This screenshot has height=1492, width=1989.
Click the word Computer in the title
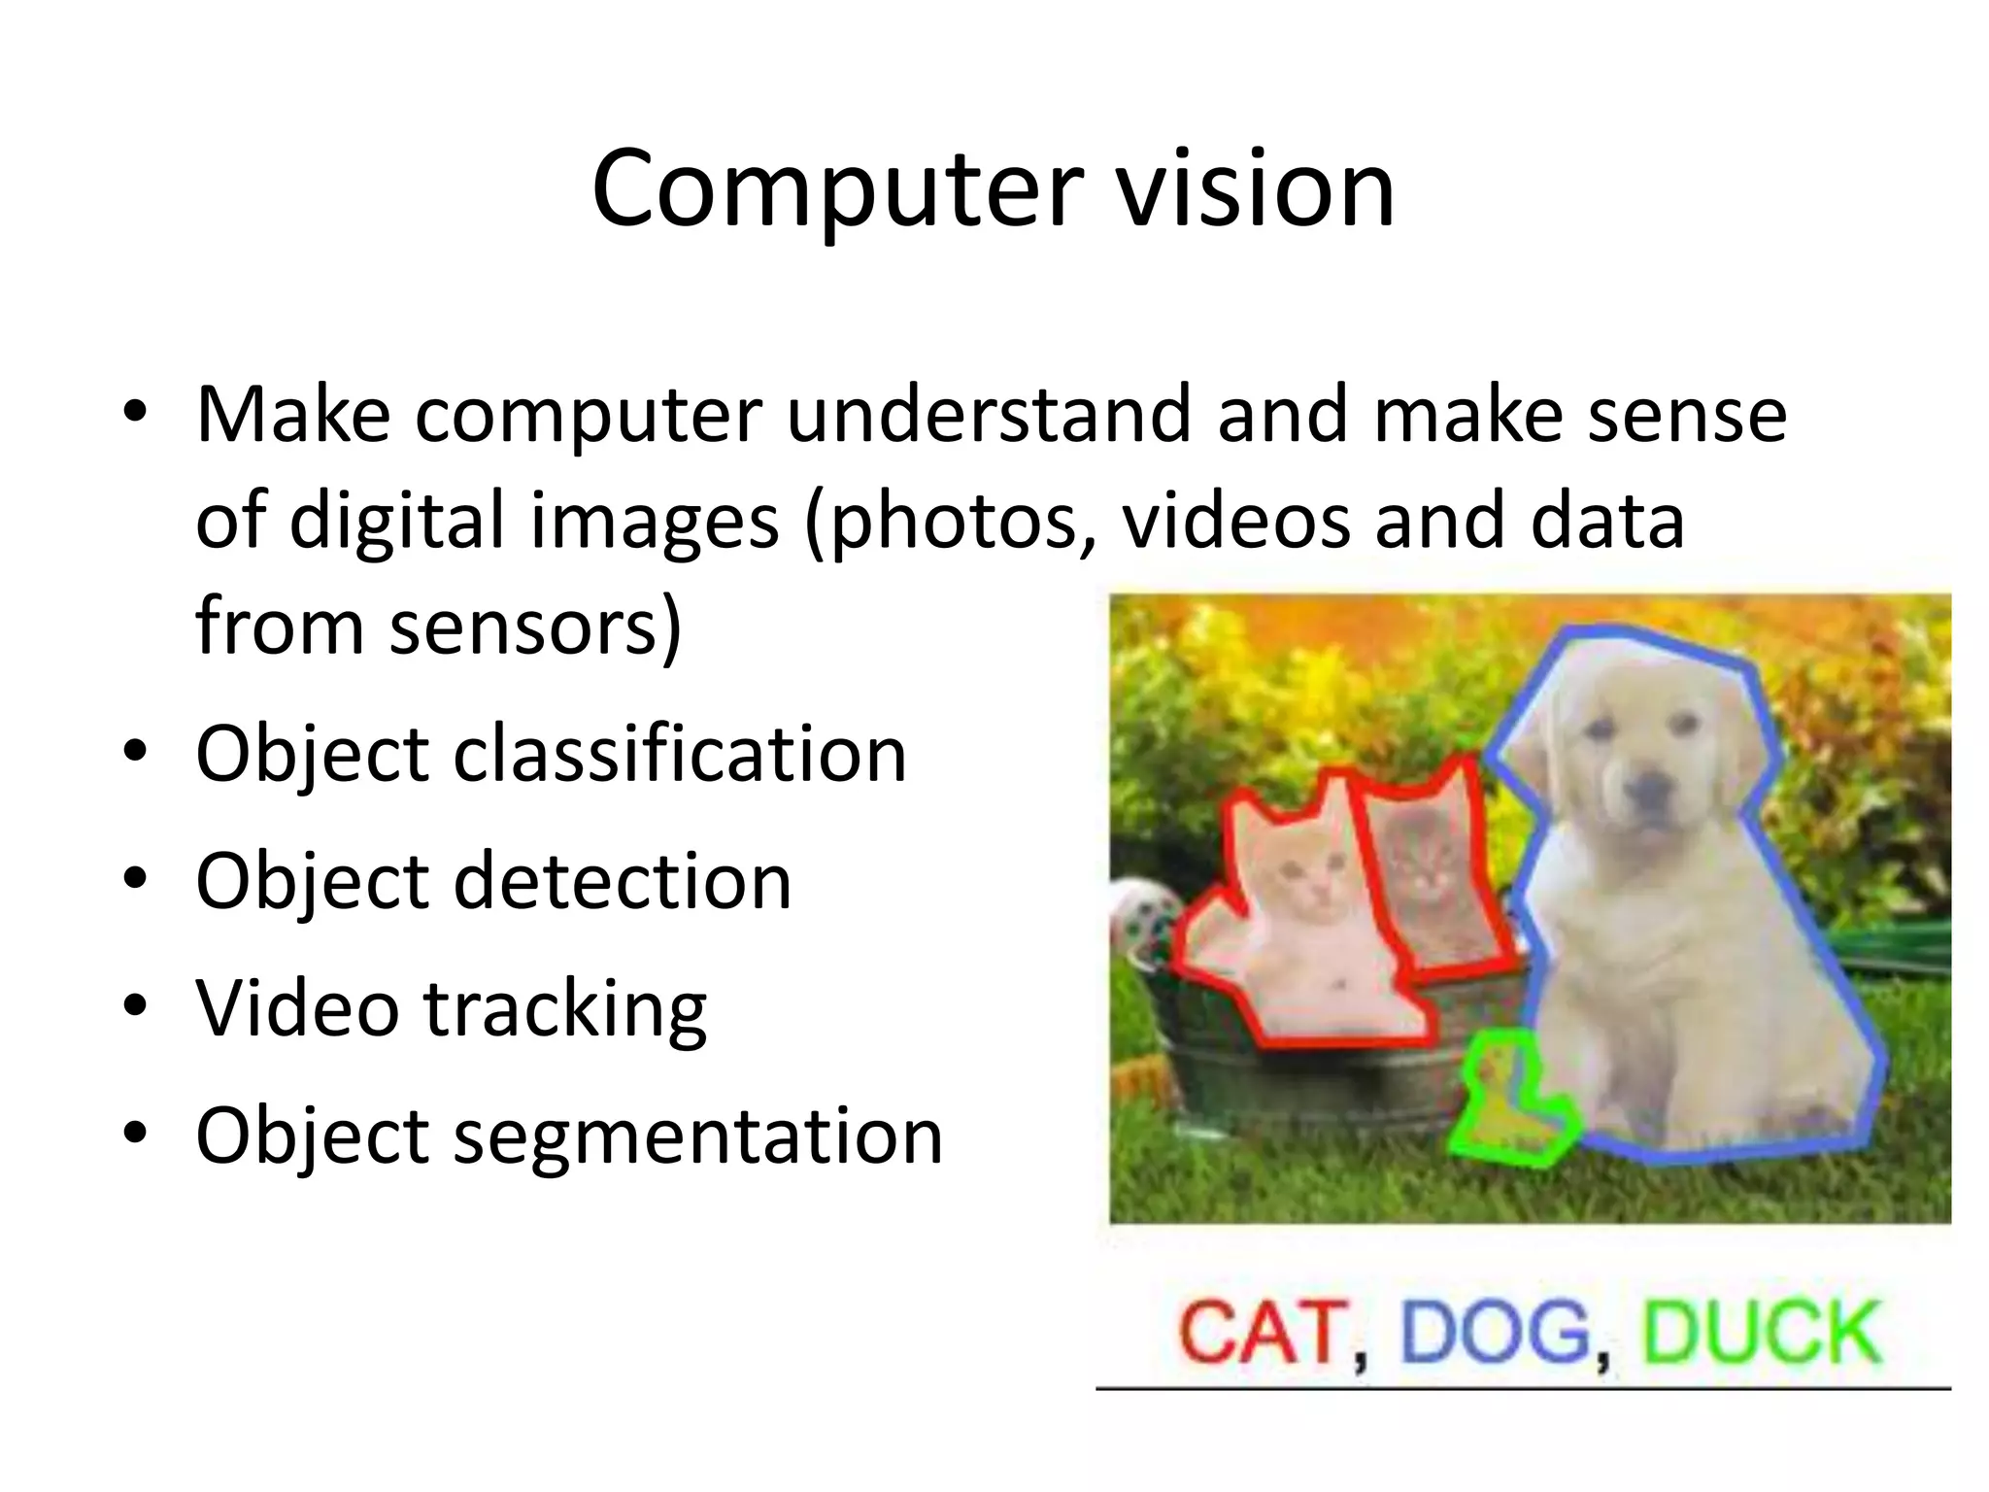pos(837,189)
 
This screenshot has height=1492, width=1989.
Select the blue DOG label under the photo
pos(1495,1333)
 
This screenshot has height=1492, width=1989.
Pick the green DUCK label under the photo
pos(1761,1333)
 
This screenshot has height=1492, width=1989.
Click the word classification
pos(680,755)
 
